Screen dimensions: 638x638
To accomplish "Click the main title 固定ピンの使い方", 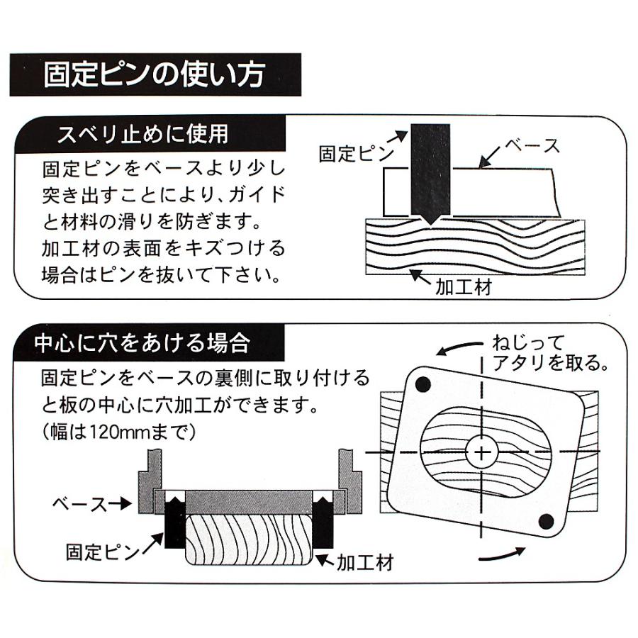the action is [155, 74].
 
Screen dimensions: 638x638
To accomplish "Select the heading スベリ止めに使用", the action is [142, 134].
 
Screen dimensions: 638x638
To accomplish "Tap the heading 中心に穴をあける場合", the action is [142, 343].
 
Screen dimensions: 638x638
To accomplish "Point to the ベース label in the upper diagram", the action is [532, 145].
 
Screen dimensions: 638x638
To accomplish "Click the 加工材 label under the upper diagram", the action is [464, 287].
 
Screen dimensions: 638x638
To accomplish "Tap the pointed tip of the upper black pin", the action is [430, 224].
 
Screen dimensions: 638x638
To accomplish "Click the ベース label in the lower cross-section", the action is [79, 505].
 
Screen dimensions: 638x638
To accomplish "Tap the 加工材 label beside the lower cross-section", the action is [365, 563].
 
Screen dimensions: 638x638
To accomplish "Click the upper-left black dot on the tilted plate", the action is [422, 384].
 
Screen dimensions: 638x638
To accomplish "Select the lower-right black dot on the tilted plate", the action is [546, 522].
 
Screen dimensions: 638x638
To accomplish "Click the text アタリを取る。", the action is [551, 362].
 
